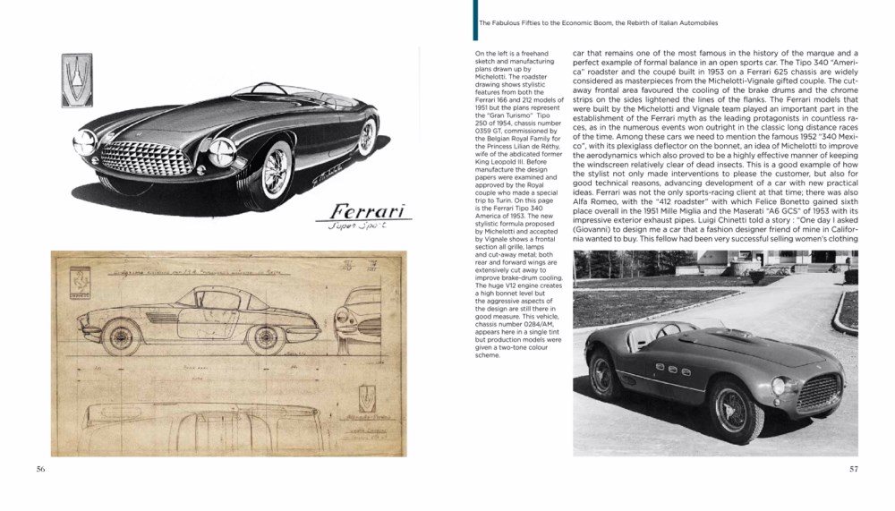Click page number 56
tap(41, 470)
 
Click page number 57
tap(853, 470)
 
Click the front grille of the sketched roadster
tap(146, 158)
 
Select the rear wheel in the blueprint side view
tap(266, 338)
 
